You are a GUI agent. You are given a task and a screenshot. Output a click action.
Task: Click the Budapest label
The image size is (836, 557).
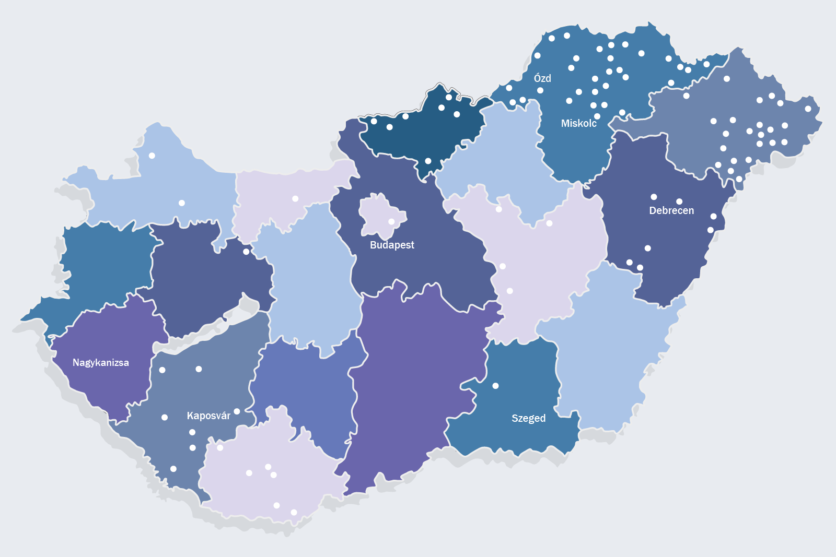[x=392, y=245]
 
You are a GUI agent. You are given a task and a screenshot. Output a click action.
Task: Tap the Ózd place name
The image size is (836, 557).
[x=542, y=78]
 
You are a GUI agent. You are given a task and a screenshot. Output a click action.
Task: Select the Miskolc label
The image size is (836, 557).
[x=578, y=123]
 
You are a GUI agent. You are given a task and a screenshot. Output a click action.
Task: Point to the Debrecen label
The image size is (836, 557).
[x=671, y=210]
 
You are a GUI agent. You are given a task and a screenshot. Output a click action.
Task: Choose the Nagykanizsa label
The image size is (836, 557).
[x=100, y=362]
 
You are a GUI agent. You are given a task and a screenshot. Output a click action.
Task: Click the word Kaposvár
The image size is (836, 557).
[x=208, y=416]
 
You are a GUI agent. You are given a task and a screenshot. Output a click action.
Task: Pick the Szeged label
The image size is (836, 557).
[x=528, y=418]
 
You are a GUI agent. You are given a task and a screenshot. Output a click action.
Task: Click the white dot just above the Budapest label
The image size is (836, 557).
[x=391, y=221]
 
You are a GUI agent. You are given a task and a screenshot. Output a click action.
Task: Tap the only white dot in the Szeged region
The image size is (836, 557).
[x=495, y=386]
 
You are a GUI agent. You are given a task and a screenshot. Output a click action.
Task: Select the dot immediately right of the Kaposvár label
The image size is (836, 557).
[x=237, y=411]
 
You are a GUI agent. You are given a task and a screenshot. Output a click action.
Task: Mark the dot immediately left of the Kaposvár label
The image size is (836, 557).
[x=165, y=417]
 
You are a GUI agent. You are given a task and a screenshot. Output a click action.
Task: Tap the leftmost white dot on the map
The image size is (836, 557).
[x=152, y=156]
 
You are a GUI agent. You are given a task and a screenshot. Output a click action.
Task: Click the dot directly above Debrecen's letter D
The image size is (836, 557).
[x=654, y=197]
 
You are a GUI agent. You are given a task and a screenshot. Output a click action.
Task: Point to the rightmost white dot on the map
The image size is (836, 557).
[x=808, y=109]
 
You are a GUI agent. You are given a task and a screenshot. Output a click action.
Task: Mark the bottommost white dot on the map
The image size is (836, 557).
[x=294, y=512]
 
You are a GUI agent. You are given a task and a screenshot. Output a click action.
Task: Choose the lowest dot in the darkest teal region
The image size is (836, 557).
[x=428, y=161]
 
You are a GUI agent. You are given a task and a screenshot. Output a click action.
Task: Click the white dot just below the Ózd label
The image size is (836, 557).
[x=540, y=90]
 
